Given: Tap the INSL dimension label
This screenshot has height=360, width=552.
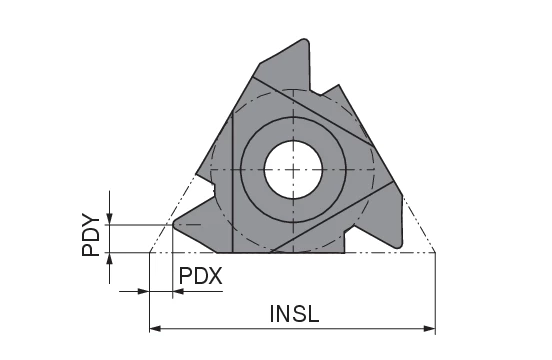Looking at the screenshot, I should pos(294,313).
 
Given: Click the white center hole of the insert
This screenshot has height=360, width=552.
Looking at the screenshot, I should pos(291,167).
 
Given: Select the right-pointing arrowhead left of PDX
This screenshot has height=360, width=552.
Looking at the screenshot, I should pos(142,292).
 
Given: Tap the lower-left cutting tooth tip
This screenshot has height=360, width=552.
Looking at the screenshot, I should pos(176,226).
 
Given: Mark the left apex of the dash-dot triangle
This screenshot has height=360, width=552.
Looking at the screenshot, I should pos(149,251).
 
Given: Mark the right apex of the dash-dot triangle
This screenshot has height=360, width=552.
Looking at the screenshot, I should pos(436,251).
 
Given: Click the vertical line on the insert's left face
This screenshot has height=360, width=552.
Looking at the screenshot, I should pos(232,180).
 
